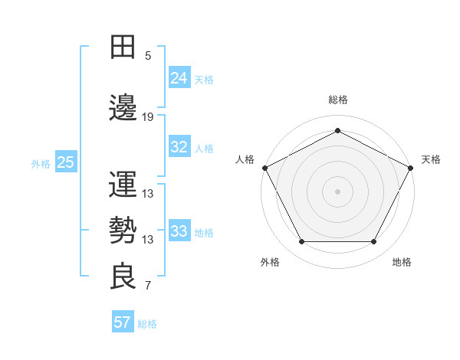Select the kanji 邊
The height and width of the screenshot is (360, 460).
tap(123, 108)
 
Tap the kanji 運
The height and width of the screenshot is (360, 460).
tap(123, 185)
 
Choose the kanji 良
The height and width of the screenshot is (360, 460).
tap(123, 277)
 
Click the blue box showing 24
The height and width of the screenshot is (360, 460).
tap(179, 77)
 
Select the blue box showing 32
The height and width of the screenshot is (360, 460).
tap(179, 147)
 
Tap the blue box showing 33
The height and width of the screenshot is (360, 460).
tap(179, 231)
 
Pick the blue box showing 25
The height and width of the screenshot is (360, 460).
tap(65, 162)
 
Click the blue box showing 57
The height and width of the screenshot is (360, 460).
tap(123, 322)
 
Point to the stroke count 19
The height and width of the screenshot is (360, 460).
tap(148, 117)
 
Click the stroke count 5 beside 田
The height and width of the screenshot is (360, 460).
tap(148, 56)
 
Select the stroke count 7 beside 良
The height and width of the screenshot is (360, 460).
tap(148, 286)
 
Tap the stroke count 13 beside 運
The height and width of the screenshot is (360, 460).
tap(148, 194)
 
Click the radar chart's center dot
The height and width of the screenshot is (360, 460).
tap(337, 191)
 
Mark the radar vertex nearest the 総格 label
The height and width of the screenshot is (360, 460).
tap(337, 130)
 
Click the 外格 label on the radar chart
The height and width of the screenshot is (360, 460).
tap(270, 262)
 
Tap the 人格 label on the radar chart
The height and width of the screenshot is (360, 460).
tap(245, 159)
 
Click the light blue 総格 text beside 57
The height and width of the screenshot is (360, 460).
tap(147, 324)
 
